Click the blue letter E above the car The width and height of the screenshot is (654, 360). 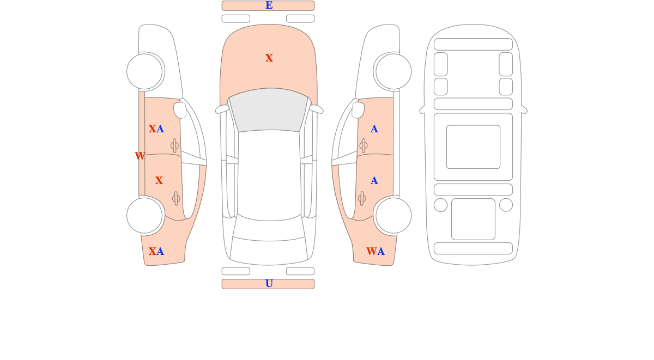tap(269, 5)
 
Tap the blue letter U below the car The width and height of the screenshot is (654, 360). tap(269, 284)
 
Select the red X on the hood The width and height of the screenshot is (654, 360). tap(269, 58)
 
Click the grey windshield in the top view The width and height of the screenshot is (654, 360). tap(269, 110)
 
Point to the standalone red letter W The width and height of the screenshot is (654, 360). tap(140, 156)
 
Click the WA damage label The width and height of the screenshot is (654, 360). tap(375, 251)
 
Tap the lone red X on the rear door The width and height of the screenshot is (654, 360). tap(159, 180)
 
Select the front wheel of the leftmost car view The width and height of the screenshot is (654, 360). tap(144, 71)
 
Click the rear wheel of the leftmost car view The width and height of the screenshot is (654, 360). tap(144, 216)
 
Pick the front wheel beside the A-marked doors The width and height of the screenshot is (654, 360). tap(393, 71)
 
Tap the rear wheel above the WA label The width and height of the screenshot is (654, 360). tap(393, 216)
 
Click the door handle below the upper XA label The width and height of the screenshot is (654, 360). tap(174, 145)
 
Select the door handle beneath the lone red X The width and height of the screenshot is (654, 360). tap(176, 199)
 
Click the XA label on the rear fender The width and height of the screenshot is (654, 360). tap(156, 251)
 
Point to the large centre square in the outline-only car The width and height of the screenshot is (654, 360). tap(473, 147)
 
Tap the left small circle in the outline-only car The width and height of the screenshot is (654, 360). tap(440, 205)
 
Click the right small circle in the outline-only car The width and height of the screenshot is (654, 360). tap(506, 205)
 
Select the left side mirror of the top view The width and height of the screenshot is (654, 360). tap(222, 109)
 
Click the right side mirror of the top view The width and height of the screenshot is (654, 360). tap(316, 109)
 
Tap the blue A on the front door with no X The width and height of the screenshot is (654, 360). tap(374, 129)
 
